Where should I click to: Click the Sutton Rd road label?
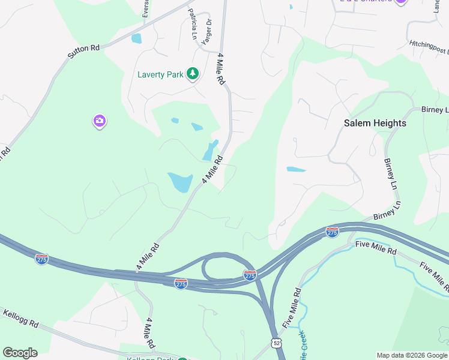point(83,51)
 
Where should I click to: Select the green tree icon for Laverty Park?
point(193,74)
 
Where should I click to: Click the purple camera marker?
point(100,122)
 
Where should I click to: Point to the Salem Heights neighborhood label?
point(375,123)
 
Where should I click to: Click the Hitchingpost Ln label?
point(429,46)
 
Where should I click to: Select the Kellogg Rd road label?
point(21,319)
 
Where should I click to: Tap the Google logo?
point(20,353)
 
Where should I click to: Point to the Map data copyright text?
point(412,355)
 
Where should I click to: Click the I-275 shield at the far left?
point(41,259)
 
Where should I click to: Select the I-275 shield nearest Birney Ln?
point(332,232)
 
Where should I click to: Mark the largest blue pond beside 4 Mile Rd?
point(180,181)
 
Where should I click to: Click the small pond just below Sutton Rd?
point(136,39)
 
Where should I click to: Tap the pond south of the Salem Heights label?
point(296,169)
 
